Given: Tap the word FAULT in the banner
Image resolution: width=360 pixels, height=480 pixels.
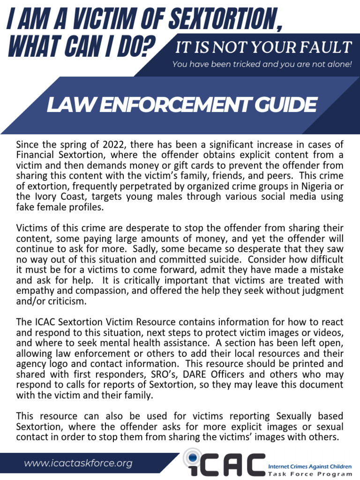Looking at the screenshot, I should click(x=328, y=47).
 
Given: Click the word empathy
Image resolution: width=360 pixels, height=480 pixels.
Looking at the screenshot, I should click(x=34, y=291).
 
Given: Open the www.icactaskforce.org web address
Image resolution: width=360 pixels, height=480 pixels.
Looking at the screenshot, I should click(x=78, y=464).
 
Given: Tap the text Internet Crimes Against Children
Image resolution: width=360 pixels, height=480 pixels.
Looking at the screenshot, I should click(x=309, y=467).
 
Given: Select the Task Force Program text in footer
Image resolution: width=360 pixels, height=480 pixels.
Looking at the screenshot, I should click(x=309, y=474).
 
